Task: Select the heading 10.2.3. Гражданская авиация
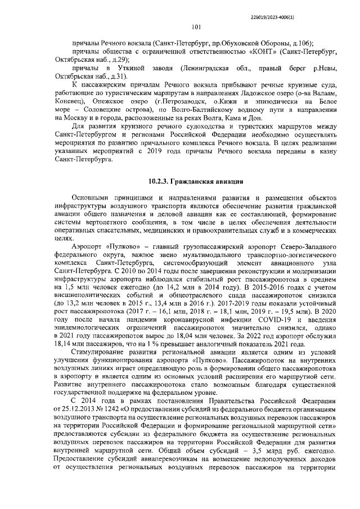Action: [196, 182]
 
